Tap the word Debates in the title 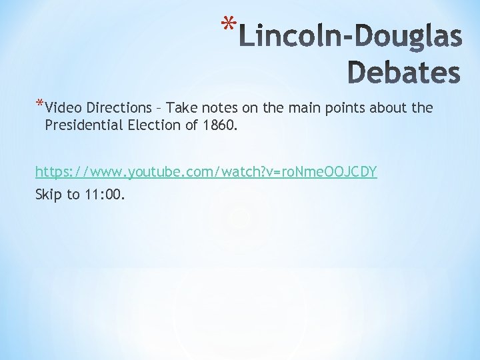[404, 73]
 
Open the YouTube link [206, 172]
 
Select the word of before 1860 [191, 125]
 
